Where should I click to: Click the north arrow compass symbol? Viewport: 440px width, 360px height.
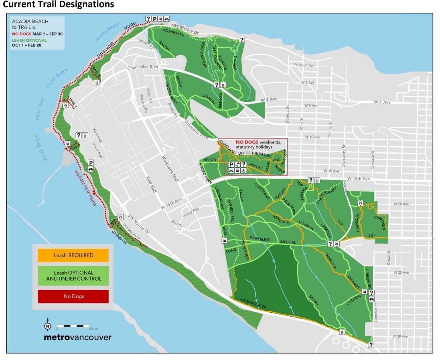(x=48, y=326)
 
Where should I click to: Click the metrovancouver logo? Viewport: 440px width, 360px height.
(x=77, y=337)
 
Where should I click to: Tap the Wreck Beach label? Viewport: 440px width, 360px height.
(x=41, y=148)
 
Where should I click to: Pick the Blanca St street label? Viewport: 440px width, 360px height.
(x=288, y=113)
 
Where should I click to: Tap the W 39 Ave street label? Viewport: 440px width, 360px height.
(x=400, y=336)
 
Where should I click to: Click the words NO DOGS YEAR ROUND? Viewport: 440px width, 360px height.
(x=85, y=188)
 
